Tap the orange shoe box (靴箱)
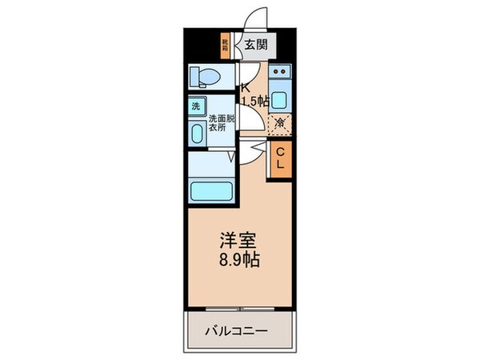point(226,45)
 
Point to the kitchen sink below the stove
point(279,99)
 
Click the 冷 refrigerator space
point(280,123)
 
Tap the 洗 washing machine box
point(196,106)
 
